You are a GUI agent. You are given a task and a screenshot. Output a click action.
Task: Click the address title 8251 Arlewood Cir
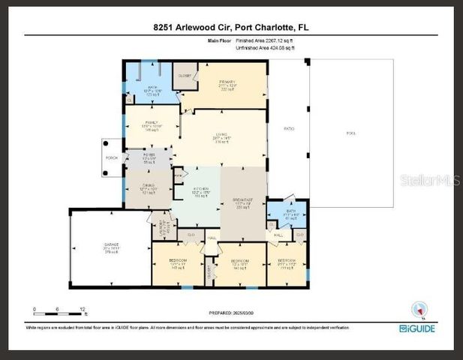(231, 28)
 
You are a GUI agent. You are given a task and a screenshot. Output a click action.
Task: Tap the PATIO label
(288, 129)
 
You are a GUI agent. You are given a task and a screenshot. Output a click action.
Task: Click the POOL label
(350, 133)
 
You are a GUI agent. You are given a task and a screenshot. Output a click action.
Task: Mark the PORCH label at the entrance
(111, 158)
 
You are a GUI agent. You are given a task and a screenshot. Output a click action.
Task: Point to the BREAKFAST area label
(243, 202)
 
